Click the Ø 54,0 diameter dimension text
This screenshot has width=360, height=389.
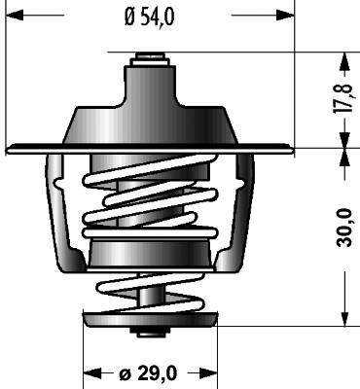point(149,18)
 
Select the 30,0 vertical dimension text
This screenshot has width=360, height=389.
point(344,228)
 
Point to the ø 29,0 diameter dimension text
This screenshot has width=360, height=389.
point(148,373)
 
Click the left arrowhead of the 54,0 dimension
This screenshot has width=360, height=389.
point(15,15)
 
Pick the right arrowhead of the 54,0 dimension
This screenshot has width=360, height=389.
point(285,15)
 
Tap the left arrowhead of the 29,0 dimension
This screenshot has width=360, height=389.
point(92,373)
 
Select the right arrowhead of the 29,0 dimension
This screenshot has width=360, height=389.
point(208,373)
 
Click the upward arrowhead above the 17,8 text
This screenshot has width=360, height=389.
point(344,61)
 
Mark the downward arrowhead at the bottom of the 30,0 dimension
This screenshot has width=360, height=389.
point(344,317)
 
